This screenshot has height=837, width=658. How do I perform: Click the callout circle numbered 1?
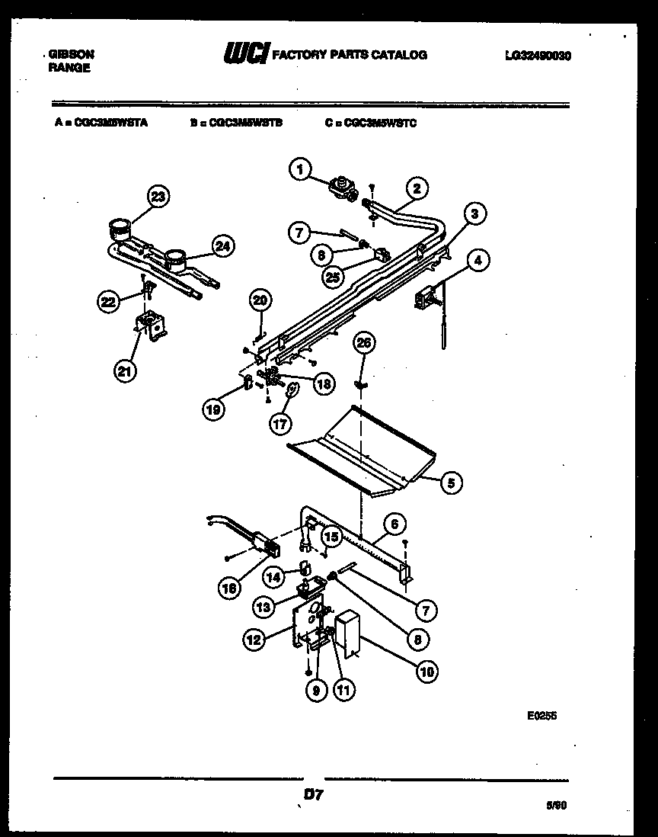[x=301, y=169]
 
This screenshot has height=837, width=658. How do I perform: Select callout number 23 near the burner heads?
[x=157, y=197]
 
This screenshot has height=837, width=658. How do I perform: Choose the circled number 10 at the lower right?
[x=426, y=672]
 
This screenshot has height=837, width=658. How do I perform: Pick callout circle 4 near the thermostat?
[x=477, y=261]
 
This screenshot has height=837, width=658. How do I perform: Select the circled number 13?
[x=264, y=607]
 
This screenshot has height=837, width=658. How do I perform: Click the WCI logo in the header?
[x=245, y=54]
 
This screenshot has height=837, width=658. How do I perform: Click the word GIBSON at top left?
[x=71, y=55]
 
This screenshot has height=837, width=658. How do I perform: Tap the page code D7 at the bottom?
[x=314, y=794]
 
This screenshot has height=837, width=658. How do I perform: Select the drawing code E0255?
[x=541, y=716]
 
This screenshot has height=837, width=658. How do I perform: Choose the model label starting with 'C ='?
[x=371, y=122]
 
